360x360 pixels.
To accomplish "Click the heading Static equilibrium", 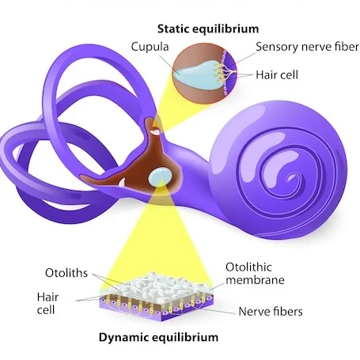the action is click(x=208, y=29).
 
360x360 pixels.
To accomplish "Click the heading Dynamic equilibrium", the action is click(x=158, y=337).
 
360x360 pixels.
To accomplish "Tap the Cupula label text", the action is click(x=150, y=47).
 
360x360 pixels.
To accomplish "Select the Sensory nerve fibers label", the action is click(x=308, y=47).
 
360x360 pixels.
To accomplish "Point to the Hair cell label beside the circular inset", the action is click(x=277, y=75).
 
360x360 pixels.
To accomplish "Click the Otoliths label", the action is click(x=66, y=273).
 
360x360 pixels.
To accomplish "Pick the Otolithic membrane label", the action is click(x=255, y=274).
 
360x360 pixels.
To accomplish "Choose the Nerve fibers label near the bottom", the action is click(x=271, y=312).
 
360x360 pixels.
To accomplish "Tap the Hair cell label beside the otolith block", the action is click(x=47, y=303).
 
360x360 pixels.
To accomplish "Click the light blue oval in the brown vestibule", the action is click(x=160, y=176).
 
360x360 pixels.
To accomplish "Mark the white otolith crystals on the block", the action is click(x=156, y=286).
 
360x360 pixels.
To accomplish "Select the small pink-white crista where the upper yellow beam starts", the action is click(x=155, y=131).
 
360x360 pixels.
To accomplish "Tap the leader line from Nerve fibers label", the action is click(x=215, y=311).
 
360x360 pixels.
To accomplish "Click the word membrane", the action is click(x=255, y=280).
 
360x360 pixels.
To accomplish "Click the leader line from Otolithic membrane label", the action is click(x=218, y=287).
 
